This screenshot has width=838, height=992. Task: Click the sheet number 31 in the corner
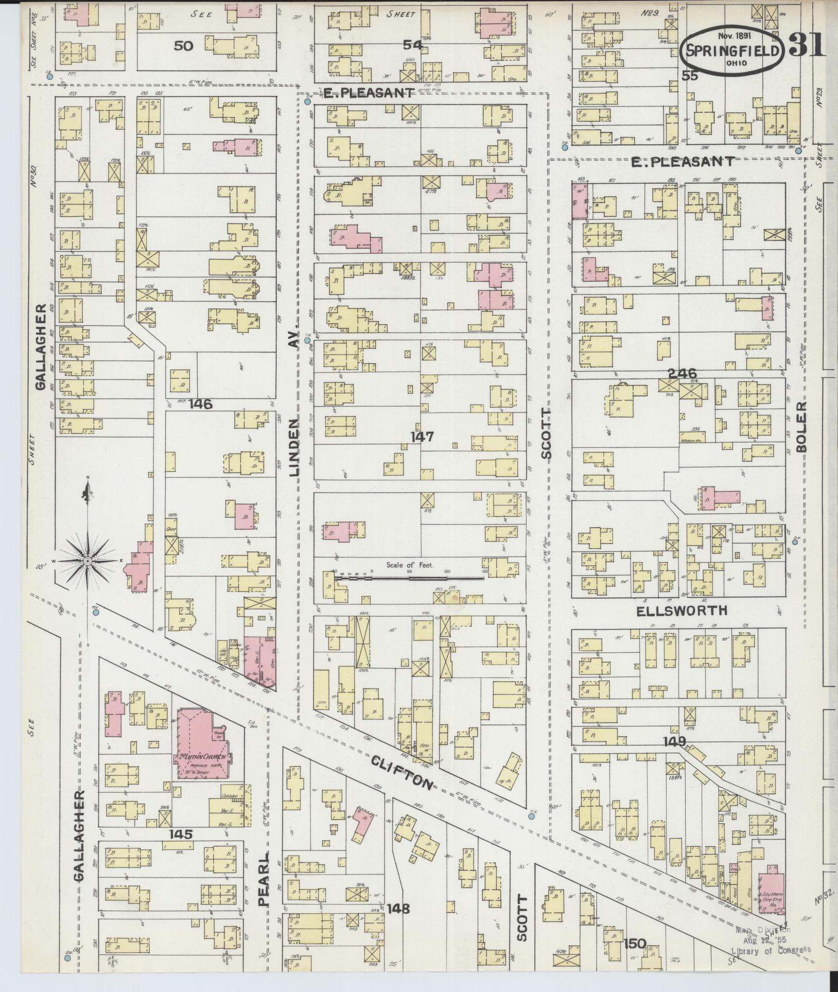(807, 45)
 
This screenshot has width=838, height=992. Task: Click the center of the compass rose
(88, 561)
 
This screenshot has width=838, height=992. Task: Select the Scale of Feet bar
(409, 578)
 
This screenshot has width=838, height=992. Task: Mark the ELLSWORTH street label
(682, 611)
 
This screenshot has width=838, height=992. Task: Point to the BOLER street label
(801, 427)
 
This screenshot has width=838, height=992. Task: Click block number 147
(422, 437)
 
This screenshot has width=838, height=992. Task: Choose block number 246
(682, 373)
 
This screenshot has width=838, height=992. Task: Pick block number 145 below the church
(180, 833)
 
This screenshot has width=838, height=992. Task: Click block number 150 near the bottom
(634, 944)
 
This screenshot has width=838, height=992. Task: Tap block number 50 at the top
(183, 46)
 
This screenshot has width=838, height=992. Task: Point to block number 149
(674, 741)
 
